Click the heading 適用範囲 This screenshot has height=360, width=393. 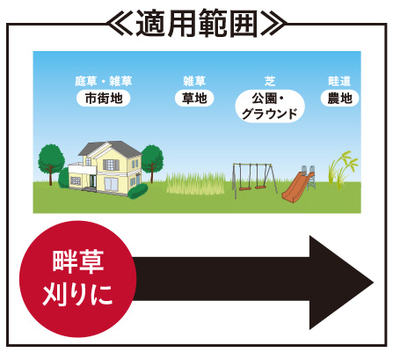point(196,24)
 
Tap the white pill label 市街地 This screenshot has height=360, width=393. point(103,99)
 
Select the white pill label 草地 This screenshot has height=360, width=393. point(194,99)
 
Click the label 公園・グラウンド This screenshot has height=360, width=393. point(270,106)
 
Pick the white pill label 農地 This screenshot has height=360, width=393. point(339,99)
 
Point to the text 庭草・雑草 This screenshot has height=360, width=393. point(104,81)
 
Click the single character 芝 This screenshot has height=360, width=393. point(270,81)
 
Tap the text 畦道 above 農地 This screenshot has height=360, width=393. point(339,81)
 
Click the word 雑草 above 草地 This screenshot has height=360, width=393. point(194,81)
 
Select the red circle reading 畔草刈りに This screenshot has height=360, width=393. point(77,279)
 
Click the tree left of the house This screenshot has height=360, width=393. point(51,163)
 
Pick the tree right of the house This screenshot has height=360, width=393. point(152,162)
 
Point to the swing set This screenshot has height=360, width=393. point(254,180)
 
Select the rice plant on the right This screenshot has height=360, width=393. point(342,170)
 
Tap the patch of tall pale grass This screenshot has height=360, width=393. point(195,183)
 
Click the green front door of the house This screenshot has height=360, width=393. point(93,181)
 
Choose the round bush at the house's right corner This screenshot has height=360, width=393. point(138,191)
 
